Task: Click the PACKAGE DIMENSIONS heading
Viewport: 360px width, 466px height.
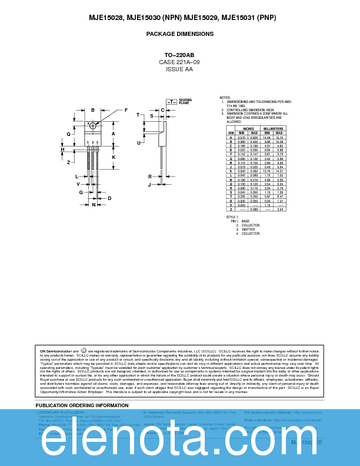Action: [180, 34]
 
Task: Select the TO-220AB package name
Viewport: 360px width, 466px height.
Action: [179, 55]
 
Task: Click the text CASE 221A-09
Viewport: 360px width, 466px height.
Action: [179, 62]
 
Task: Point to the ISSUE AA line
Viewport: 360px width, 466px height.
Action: [179, 69]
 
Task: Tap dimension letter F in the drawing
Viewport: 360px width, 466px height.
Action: [126, 110]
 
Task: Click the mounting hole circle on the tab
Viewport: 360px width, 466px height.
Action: [93, 125]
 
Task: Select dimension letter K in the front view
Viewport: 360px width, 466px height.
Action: [114, 157]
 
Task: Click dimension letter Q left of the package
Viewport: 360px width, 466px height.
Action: [68, 134]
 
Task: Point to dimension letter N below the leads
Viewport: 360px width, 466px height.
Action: [93, 205]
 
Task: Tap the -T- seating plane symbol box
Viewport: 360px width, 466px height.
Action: [171, 102]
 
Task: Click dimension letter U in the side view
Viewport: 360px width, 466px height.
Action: [139, 143]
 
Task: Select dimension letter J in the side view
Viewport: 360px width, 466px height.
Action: [149, 185]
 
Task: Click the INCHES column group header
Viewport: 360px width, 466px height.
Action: [248, 128]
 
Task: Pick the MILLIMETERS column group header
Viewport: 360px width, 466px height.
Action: [273, 128]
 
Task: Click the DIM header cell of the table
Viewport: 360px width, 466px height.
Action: [231, 133]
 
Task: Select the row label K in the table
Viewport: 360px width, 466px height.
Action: [231, 171]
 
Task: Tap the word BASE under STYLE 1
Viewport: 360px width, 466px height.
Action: [245, 221]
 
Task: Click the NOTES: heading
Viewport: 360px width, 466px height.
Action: [225, 97]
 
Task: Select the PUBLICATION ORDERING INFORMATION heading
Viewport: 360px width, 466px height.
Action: [82, 405]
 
